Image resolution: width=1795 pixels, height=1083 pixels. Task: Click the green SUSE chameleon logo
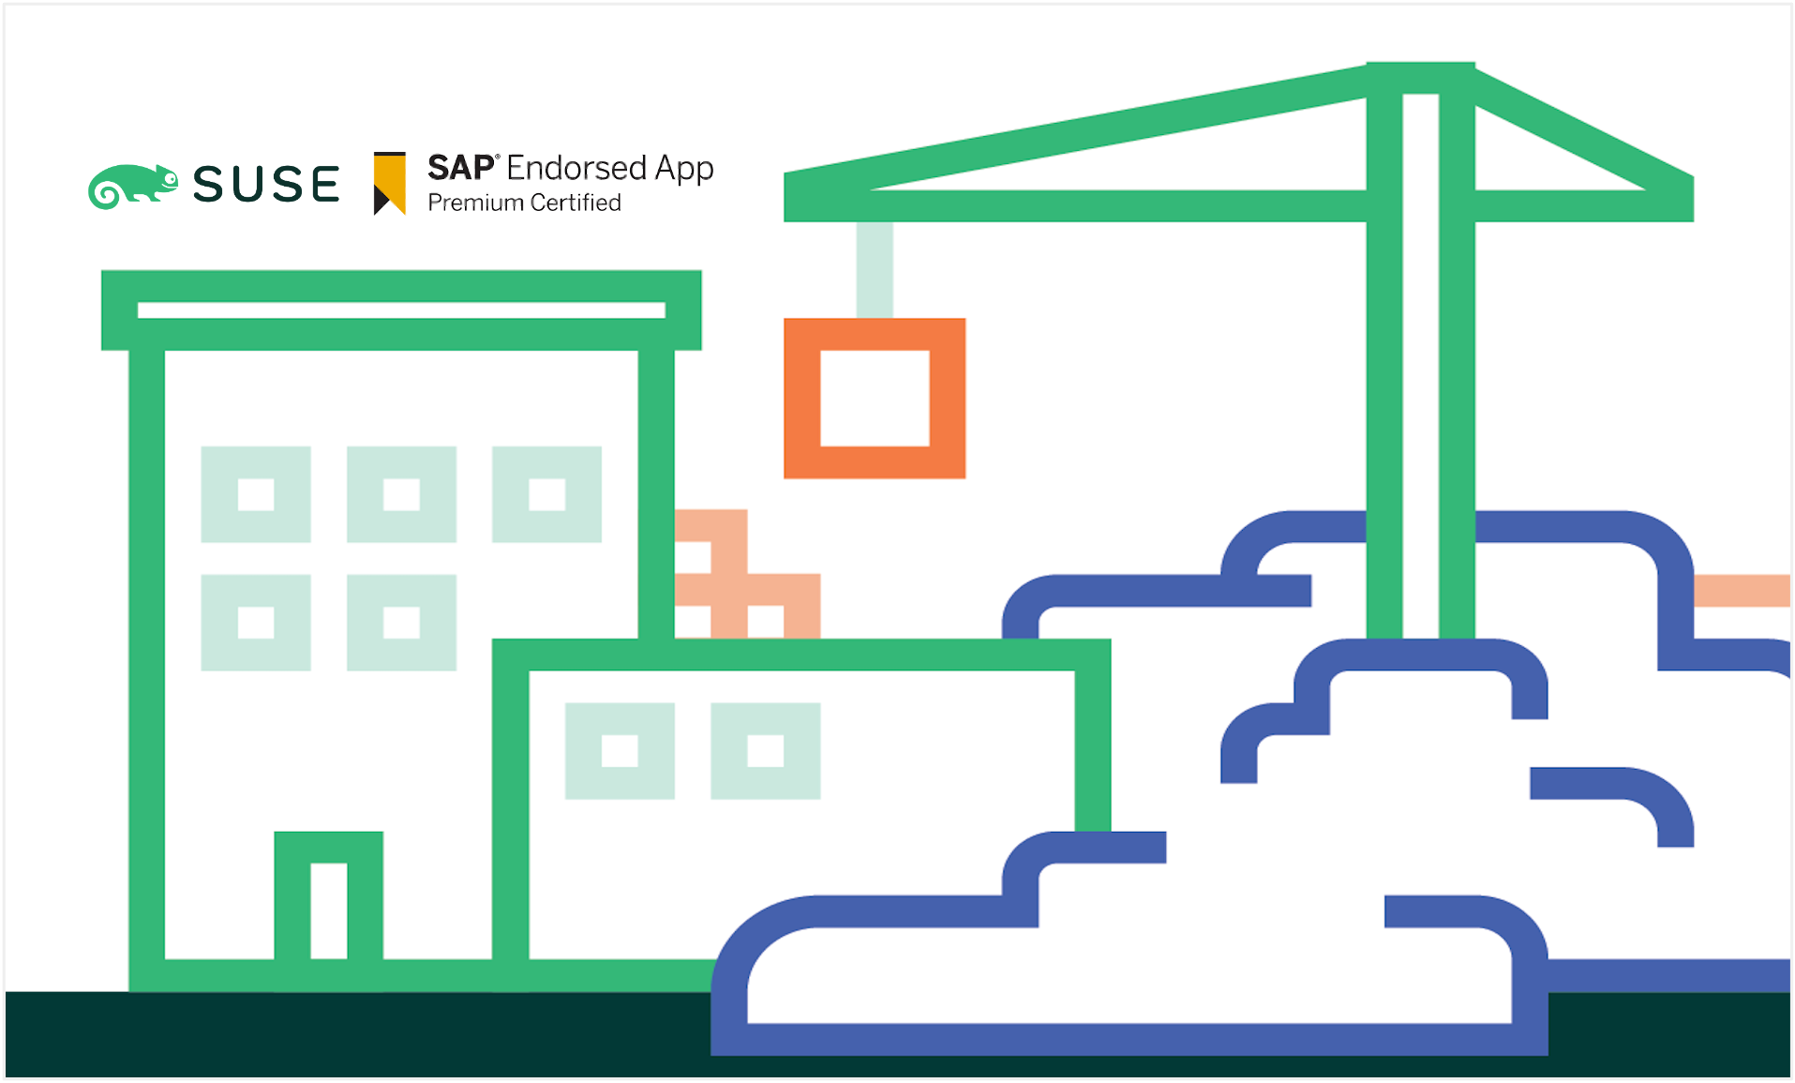132,185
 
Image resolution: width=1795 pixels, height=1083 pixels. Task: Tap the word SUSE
266,184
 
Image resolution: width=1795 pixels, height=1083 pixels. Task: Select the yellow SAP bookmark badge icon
390,183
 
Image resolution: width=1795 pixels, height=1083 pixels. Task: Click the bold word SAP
460,168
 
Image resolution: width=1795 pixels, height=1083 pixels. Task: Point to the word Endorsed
576,168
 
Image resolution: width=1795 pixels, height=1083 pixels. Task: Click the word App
684,170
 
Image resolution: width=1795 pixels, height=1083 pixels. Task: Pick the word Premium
475,203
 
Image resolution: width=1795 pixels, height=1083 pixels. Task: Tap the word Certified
576,203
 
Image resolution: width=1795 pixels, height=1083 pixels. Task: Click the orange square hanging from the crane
875,399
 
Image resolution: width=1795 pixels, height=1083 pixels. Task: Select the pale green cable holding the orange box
875,269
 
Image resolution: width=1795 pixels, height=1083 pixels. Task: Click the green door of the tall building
328,895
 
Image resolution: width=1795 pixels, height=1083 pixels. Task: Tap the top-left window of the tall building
256,494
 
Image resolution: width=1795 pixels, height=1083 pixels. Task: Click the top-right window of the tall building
546,494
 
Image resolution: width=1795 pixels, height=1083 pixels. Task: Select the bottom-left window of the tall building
256,623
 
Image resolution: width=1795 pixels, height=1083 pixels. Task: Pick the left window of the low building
620,750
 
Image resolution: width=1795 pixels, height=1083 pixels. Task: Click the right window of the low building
765,750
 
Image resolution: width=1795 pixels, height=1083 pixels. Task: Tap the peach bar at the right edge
1742,591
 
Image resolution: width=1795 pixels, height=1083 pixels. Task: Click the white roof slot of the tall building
401,310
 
